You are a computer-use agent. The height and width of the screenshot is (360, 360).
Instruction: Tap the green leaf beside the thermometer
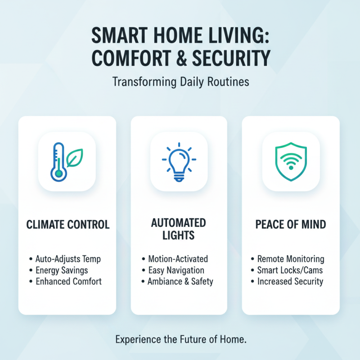[x=74, y=157]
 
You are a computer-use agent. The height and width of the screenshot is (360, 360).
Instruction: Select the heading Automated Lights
[x=179, y=229]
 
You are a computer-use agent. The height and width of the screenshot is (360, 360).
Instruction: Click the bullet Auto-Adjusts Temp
[x=68, y=259]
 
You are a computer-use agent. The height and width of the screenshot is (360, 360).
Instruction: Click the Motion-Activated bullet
[x=178, y=259]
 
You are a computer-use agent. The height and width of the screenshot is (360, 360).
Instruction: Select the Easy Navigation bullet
[x=176, y=270]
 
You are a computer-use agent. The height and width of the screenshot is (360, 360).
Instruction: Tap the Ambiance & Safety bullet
[x=180, y=282]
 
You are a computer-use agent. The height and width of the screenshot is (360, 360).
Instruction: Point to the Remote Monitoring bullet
[x=291, y=259]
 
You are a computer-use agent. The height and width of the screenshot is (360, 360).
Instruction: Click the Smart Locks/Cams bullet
[x=290, y=270]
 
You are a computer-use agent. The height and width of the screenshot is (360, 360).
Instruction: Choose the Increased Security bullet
[x=290, y=282]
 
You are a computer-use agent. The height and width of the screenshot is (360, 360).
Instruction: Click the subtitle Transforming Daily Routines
[x=180, y=83]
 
